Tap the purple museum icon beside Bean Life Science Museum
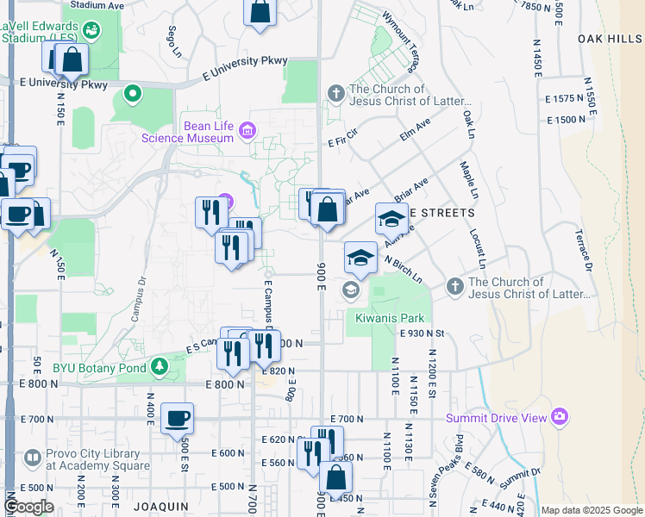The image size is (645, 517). pos(248,130)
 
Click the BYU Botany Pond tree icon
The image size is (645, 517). pos(159,367)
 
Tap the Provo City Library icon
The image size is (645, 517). pos(32,458)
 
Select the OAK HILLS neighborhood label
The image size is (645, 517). pos(610,39)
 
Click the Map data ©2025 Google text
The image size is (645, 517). pos(591,510)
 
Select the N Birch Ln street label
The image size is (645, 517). pos(403,268)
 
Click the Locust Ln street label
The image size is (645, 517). pos(479,249)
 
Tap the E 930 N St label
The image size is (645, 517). pos(421,333)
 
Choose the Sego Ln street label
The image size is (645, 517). pos(173,38)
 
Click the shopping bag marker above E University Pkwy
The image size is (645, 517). pos(260,12)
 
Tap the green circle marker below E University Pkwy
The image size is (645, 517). pos(132,92)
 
